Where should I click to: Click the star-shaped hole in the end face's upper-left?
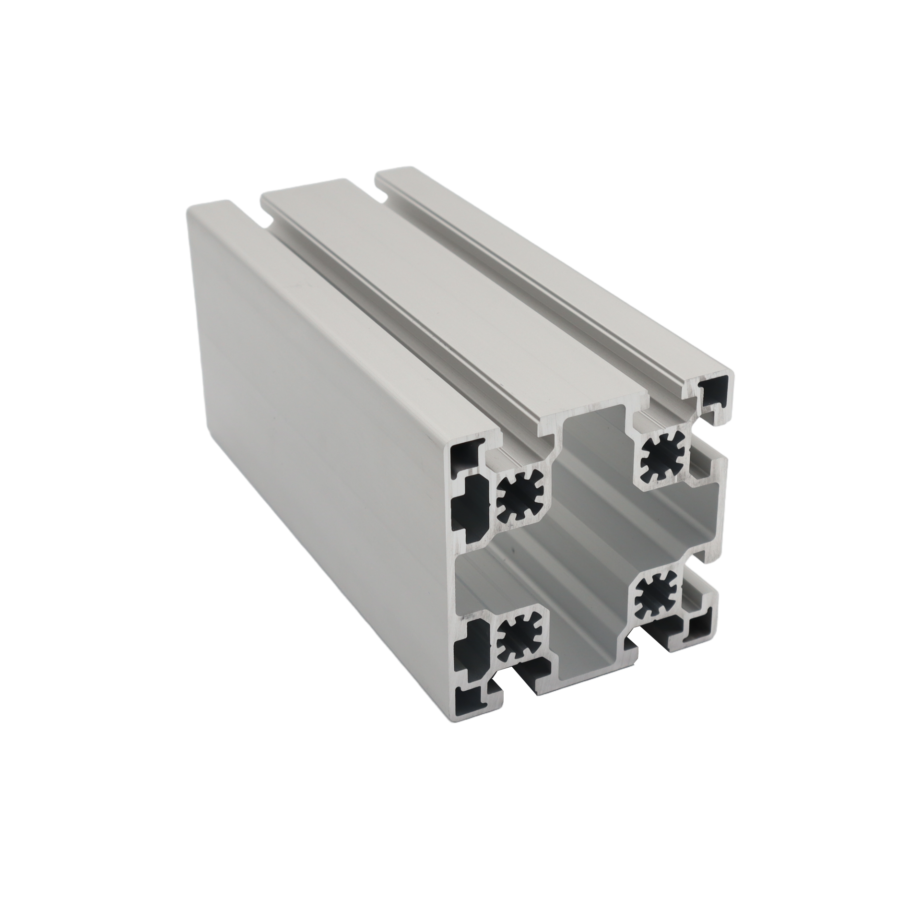(x=516, y=503)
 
